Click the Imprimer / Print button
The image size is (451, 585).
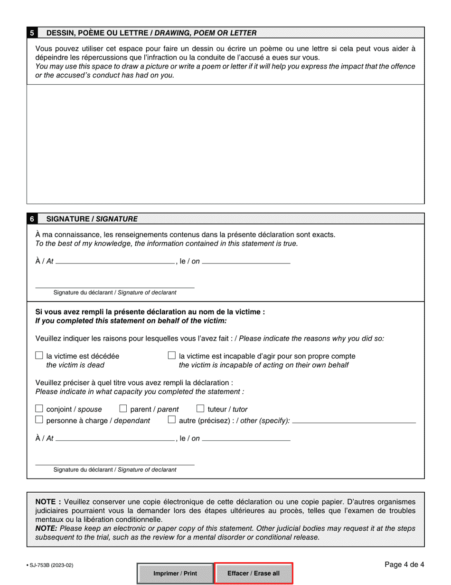tap(175, 573)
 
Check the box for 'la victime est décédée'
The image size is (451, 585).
tap(39, 355)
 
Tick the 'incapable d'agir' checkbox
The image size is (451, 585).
tap(172, 355)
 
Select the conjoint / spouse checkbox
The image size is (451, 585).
tap(39, 409)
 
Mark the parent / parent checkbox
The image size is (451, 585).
tap(123, 409)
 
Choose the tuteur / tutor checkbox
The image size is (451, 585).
tap(200, 409)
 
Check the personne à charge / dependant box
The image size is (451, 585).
tap(39, 420)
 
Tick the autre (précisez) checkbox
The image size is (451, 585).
tap(172, 420)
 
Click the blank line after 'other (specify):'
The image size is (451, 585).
tap(354, 421)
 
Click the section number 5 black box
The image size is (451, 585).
tap(32, 33)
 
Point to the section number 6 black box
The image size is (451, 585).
tap(32, 219)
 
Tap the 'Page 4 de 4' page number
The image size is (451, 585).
tap(404, 565)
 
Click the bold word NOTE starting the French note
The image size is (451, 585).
tap(48, 502)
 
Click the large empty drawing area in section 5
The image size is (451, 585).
tap(225, 144)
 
